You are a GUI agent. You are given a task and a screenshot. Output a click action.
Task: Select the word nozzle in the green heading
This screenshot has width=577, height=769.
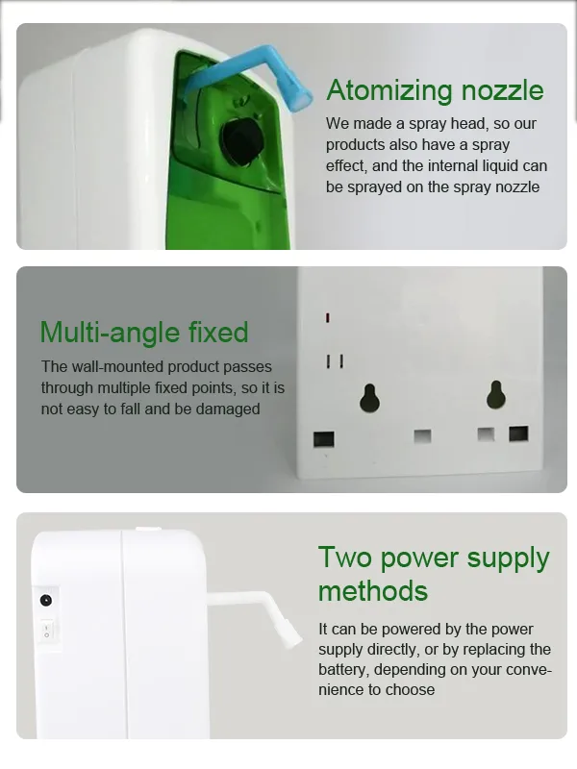(x=502, y=90)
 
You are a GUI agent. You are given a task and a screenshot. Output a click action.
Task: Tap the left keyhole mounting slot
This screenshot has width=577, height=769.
(x=370, y=397)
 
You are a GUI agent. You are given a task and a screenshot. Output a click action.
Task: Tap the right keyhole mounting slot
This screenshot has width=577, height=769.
(x=496, y=395)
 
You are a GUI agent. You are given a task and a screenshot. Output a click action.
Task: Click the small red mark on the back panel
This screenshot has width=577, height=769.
(x=327, y=318)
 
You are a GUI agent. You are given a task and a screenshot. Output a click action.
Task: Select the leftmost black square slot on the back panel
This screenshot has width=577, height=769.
(x=324, y=439)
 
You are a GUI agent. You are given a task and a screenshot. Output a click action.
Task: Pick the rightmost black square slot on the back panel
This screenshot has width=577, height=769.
(x=518, y=434)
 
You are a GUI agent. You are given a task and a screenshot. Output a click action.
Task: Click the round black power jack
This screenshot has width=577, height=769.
(x=45, y=600)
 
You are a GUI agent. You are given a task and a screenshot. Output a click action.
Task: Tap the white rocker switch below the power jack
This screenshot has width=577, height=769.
(x=46, y=631)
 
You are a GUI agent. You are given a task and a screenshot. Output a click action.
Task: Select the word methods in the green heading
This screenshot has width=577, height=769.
(x=373, y=590)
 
